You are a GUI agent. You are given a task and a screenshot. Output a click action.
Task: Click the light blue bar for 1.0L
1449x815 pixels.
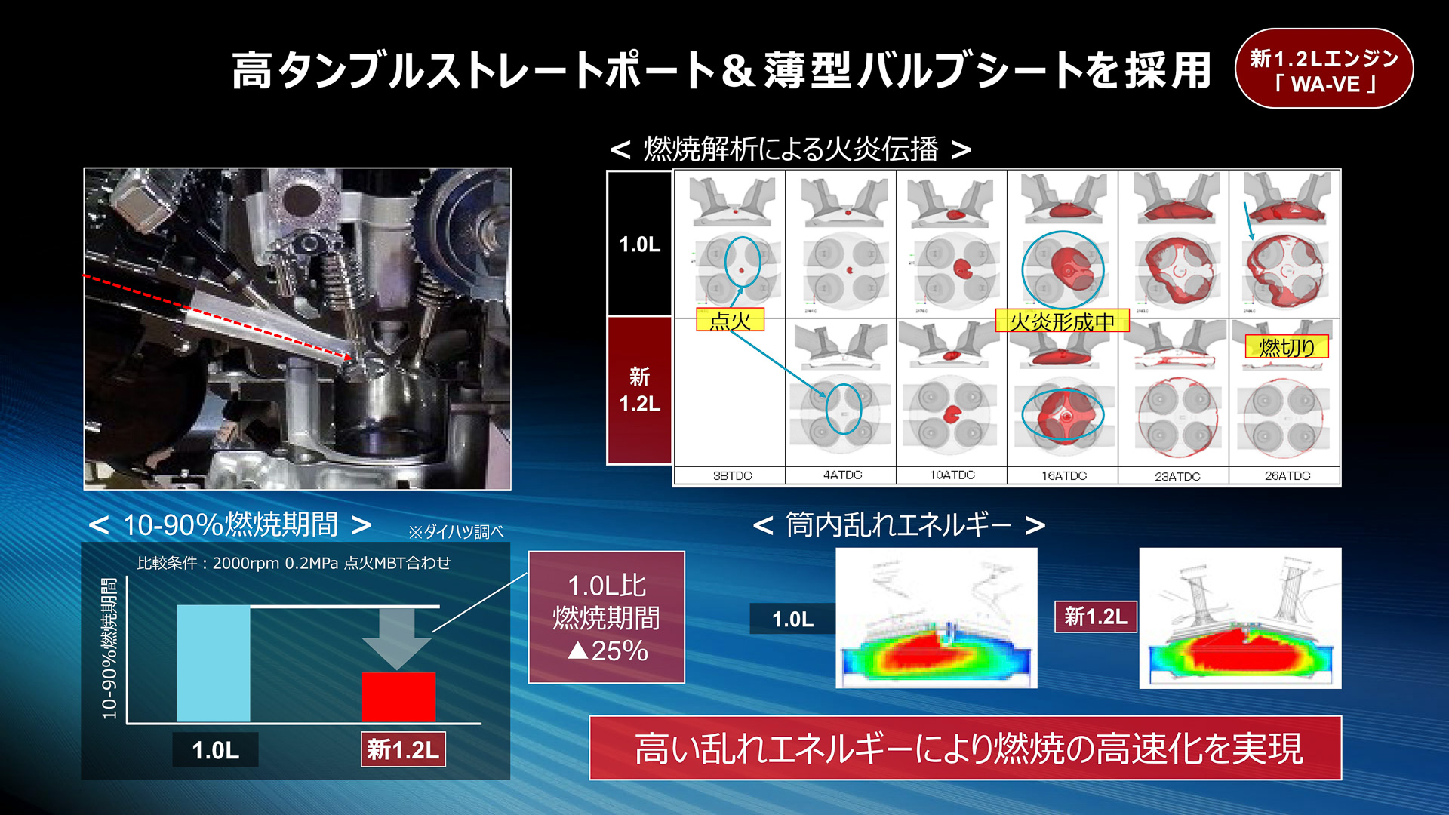(213, 663)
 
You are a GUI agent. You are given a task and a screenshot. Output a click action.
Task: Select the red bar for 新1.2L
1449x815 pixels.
(398, 697)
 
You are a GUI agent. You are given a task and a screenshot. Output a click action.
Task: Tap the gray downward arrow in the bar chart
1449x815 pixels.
(397, 638)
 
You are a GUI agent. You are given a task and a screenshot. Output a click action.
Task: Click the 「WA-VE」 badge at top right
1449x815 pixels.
(1324, 69)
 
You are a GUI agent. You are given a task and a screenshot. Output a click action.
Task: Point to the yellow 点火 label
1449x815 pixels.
(730, 320)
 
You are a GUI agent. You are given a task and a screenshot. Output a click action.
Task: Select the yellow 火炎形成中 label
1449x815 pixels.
(1062, 321)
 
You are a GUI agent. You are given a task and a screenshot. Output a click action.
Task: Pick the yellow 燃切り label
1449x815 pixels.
(1286, 347)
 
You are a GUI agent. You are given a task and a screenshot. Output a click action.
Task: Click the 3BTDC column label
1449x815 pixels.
(732, 475)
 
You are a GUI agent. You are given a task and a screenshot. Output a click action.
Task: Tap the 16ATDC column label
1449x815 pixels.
(1064, 475)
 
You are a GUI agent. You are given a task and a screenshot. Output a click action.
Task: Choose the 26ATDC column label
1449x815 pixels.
(1287, 475)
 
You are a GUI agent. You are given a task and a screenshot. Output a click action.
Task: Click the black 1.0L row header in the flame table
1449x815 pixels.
(639, 244)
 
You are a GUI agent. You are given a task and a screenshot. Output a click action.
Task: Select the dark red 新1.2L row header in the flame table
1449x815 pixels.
(639, 390)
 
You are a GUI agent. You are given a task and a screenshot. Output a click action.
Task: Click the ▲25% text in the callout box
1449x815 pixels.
(608, 650)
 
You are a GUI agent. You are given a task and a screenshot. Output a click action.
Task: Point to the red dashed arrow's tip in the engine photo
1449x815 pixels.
(351, 358)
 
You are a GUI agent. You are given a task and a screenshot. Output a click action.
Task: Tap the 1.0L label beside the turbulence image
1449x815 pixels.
(792, 620)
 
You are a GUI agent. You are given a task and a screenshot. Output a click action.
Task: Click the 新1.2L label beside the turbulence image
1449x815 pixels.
(1095, 617)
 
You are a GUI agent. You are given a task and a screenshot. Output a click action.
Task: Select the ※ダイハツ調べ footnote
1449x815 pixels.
(456, 532)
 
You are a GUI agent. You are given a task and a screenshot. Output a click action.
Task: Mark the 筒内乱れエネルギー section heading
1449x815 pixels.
(898, 524)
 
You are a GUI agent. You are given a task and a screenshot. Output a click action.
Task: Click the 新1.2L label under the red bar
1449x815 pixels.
(403, 749)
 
